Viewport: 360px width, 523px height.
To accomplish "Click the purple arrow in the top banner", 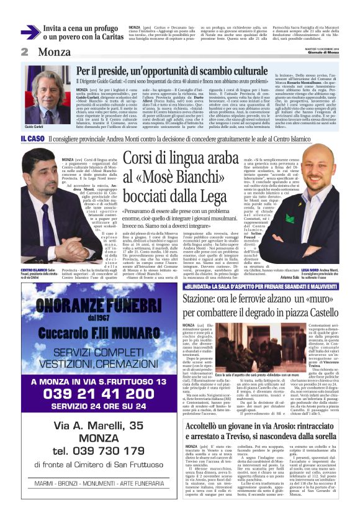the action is [x=30, y=32].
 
